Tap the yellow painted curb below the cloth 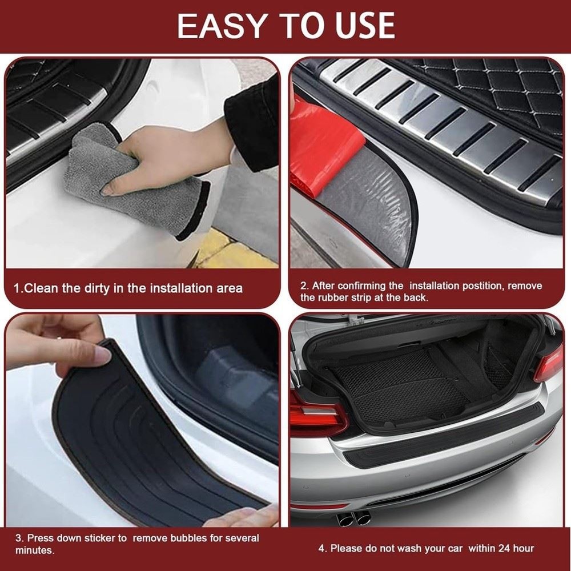coord(228,251)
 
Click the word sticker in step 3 coord(99,538)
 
